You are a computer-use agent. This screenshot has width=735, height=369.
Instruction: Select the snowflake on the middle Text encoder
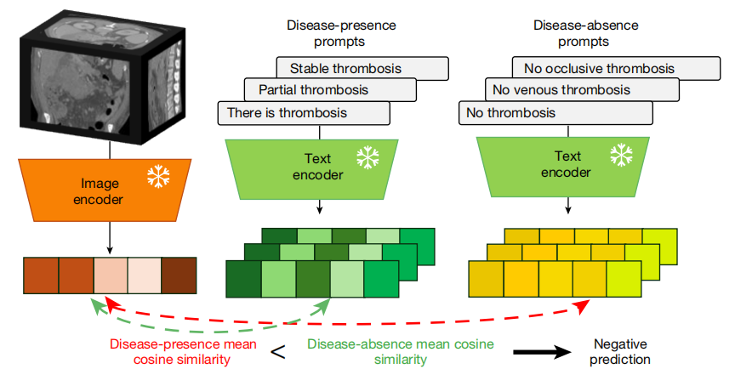pos(367,156)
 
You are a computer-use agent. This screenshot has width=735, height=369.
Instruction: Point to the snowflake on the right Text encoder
pos(622,155)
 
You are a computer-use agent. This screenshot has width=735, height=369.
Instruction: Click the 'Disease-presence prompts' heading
pos(341,33)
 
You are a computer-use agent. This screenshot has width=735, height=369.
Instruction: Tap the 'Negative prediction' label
pos(620,351)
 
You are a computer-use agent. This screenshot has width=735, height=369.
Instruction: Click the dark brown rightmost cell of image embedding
pos(179,275)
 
